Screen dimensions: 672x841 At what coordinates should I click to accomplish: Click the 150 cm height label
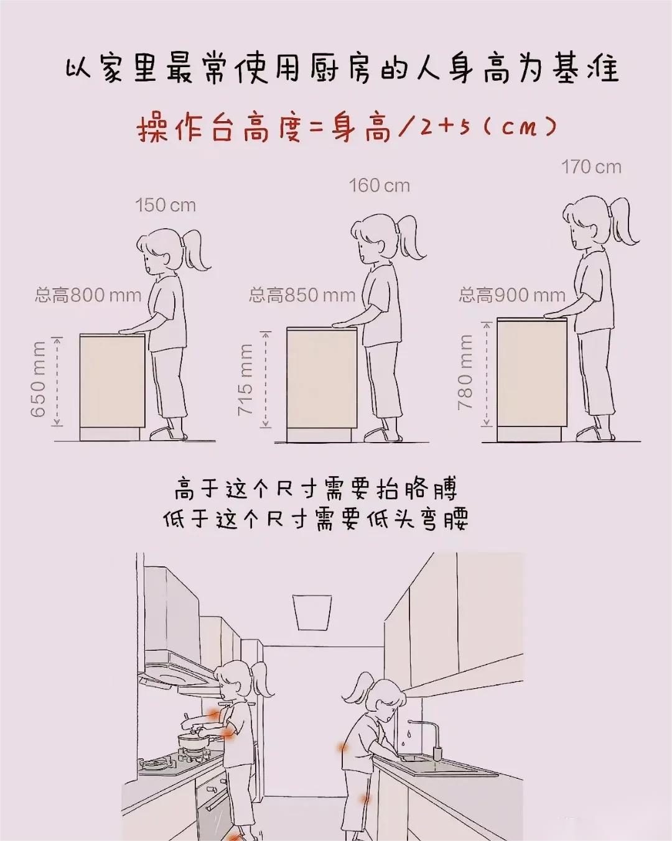166,205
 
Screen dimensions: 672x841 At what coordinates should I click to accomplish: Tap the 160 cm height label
380,186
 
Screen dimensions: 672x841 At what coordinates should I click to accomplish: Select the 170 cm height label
592,167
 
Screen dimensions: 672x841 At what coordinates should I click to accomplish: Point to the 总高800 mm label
88,295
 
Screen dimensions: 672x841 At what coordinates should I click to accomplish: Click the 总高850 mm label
302,295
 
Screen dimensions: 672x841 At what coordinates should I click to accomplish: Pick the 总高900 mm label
512,295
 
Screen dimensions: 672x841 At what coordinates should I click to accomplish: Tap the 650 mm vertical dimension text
39,379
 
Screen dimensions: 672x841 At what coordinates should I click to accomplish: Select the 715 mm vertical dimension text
246,380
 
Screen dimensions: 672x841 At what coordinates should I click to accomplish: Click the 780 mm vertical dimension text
465,372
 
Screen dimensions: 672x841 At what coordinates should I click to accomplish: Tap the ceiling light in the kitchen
312,612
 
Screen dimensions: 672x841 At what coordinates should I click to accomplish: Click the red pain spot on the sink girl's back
343,748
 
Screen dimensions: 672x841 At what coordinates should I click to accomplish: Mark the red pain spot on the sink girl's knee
365,799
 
